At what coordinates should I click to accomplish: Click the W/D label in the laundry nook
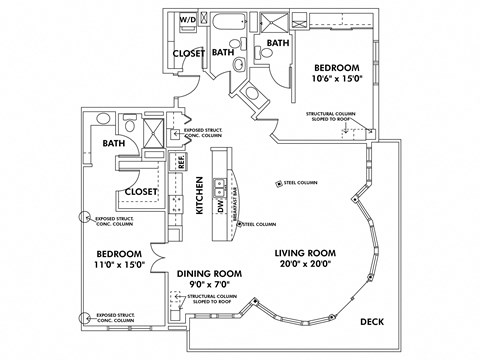188,20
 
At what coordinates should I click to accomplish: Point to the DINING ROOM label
210,273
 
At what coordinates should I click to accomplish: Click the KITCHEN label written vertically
200,195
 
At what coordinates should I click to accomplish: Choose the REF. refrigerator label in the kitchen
182,160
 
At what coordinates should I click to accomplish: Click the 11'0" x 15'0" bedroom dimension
119,264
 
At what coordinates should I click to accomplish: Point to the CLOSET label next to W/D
188,53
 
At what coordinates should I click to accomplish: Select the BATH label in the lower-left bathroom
113,143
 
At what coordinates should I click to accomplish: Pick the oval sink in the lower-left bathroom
103,118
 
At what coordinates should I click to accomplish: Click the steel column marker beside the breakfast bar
240,224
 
